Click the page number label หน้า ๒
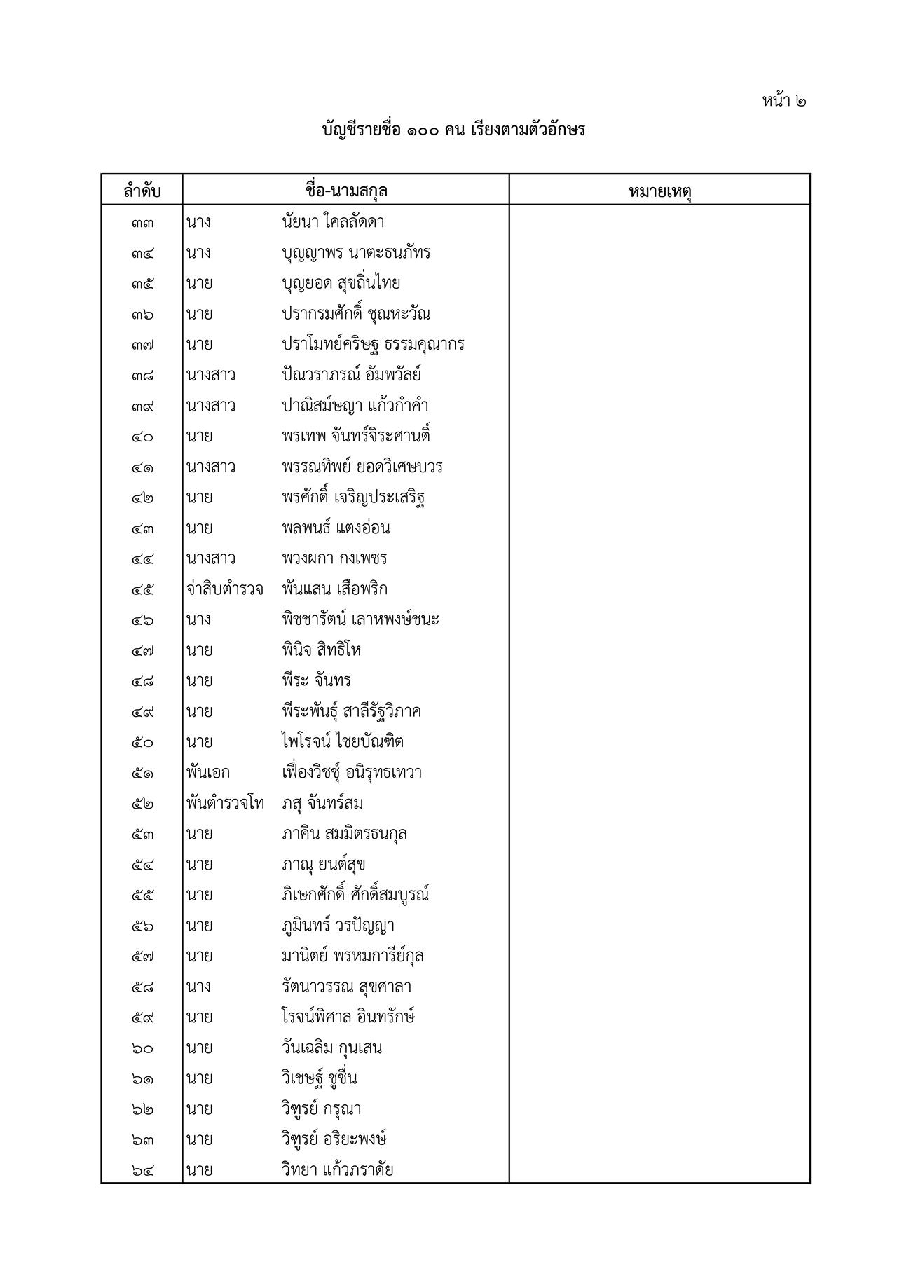click(x=784, y=100)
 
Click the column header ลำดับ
click(x=142, y=191)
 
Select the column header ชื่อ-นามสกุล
click(x=346, y=191)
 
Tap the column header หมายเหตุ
click(x=659, y=191)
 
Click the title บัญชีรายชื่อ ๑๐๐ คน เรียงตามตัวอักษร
click(x=453, y=130)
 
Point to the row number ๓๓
click(x=142, y=223)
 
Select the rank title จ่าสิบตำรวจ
click(x=225, y=589)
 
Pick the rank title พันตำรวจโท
click(x=225, y=803)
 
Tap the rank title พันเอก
click(x=208, y=772)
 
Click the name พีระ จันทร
click(x=316, y=680)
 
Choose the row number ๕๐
click(x=142, y=742)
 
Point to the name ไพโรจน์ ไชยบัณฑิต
click(x=343, y=741)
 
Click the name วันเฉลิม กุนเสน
click(x=331, y=1048)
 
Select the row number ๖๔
click(x=142, y=1170)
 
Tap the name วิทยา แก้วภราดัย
click(x=337, y=1169)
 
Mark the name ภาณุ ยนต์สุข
click(x=324, y=865)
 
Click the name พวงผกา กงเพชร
click(x=334, y=558)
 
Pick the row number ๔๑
click(x=142, y=467)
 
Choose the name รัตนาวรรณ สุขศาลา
click(x=346, y=987)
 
